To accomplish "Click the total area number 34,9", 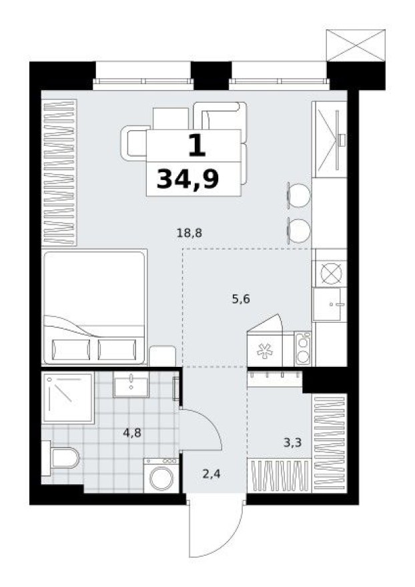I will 188,179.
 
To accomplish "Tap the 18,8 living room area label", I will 189,233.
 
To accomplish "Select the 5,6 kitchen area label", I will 241,300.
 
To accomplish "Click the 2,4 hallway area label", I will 210,475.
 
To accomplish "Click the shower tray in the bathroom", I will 68,398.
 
